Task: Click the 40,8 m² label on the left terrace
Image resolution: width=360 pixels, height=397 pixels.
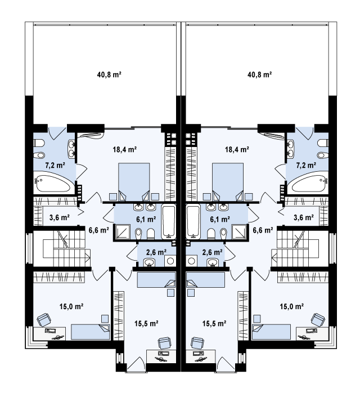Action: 109,75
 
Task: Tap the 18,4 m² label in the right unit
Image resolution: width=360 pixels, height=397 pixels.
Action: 237,149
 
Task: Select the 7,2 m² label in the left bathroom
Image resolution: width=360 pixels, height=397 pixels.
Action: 55,166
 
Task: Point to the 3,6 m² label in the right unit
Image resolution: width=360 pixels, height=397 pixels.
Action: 304,217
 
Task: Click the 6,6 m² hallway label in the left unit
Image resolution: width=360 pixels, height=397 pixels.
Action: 98,230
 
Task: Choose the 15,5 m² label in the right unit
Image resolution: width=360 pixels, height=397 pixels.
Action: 214,323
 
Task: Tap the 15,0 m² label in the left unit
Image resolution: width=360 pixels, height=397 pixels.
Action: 71,306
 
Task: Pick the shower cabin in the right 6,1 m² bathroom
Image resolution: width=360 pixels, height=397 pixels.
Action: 240,231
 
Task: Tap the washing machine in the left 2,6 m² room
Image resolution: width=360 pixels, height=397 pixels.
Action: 170,261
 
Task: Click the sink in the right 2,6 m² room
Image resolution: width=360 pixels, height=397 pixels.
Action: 213,262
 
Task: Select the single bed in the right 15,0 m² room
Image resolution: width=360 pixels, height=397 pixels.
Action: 271,332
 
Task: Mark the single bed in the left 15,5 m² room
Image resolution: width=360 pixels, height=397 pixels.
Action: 156,280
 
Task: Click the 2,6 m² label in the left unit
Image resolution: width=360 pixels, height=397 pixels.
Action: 156,252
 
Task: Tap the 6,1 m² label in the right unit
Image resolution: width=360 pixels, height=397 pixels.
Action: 220,219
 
